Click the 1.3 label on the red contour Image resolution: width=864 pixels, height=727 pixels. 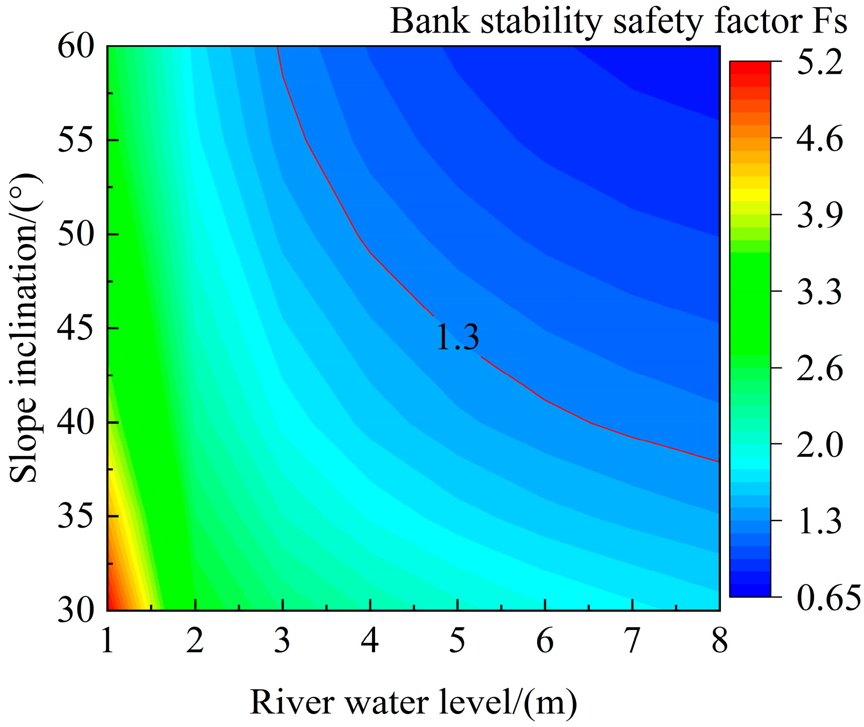[x=457, y=337]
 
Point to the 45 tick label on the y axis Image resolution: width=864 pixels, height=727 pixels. [x=76, y=328]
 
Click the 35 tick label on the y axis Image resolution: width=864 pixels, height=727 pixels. [x=76, y=516]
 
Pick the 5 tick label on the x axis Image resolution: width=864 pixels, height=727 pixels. [x=457, y=641]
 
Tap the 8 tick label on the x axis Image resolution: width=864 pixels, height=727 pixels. [x=719, y=641]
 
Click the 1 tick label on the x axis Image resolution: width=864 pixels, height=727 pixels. [x=107, y=641]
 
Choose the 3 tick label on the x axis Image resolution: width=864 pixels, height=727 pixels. [x=282, y=641]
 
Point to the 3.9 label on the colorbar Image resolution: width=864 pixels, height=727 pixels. [x=819, y=215]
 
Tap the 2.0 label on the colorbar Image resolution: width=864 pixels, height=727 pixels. [x=819, y=444]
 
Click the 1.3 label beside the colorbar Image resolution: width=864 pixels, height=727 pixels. [x=819, y=521]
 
